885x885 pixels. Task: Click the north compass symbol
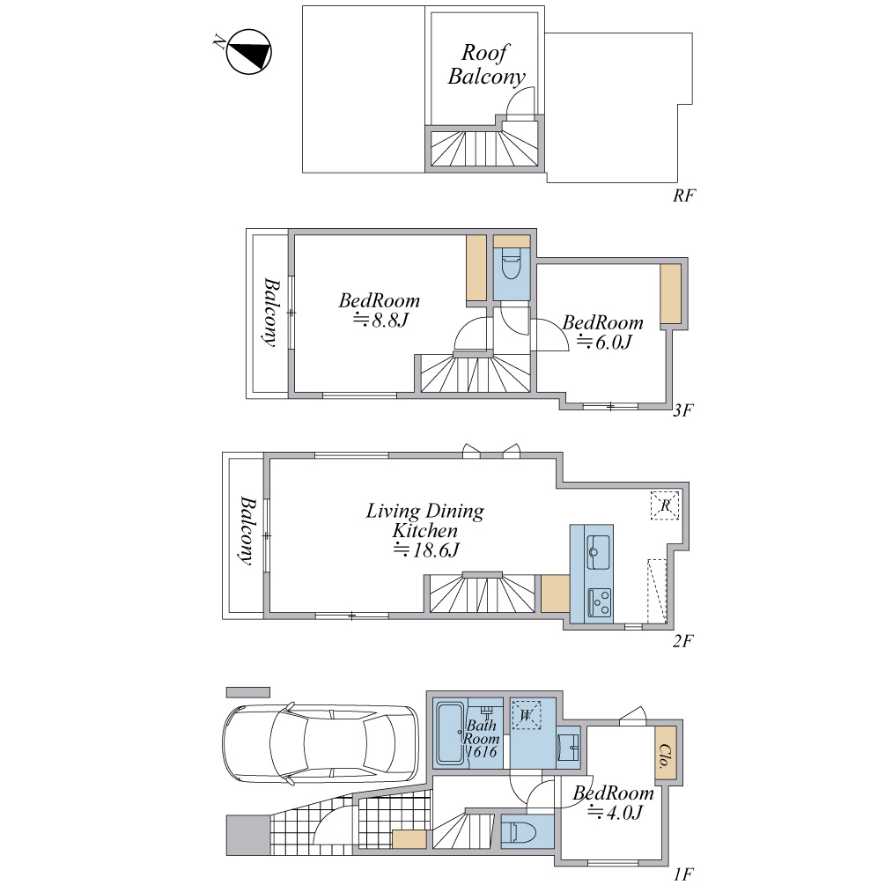pos(248,52)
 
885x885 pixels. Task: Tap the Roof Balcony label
pos(486,65)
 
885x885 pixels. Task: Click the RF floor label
pos(684,195)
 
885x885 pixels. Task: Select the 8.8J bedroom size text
pos(380,321)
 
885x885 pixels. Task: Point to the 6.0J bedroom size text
pos(604,342)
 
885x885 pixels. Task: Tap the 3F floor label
pos(683,410)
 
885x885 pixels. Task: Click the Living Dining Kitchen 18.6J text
pos(425,530)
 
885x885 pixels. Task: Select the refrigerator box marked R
pos(665,505)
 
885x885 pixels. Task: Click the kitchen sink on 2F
pos(598,552)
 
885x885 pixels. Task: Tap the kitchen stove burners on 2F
pos(600,602)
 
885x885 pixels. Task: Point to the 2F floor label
pos(682,641)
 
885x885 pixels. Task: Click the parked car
pos(321,743)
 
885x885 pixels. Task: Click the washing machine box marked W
pos(526,715)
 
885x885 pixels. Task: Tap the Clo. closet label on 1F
pos(666,756)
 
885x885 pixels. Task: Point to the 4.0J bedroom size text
pos(616,813)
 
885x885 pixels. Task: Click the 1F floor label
pos(682,874)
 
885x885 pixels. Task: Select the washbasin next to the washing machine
pos(568,748)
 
